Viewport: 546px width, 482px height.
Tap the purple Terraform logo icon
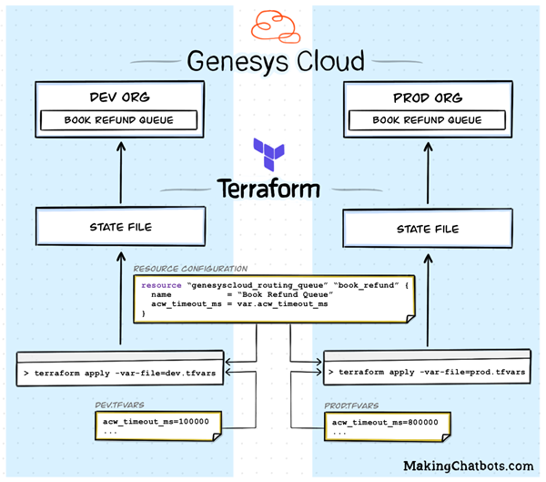coord(269,155)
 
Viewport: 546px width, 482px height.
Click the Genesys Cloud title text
coord(275,62)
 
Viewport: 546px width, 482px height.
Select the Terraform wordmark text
coord(268,189)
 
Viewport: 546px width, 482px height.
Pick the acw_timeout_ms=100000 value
coord(156,423)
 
